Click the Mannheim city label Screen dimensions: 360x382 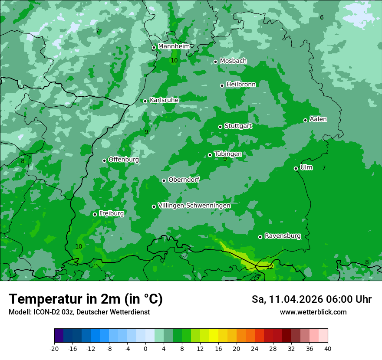(174, 46)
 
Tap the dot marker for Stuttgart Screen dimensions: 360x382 (220, 127)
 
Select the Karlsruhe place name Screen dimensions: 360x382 (164, 100)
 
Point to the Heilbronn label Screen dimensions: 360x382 (241, 84)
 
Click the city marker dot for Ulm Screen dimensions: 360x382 (296, 168)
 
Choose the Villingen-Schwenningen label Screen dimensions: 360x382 (194, 205)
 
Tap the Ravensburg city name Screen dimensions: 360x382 (283, 236)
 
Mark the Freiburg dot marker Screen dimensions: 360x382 (95, 214)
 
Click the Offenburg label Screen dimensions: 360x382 (124, 159)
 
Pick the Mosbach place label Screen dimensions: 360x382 (233, 61)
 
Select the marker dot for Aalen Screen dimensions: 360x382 (305, 120)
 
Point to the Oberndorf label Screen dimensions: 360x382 (184, 179)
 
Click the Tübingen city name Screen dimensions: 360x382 (228, 154)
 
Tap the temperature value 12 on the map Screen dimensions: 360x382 (270, 267)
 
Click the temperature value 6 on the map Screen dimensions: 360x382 (322, 17)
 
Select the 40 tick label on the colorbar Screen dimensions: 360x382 (327, 348)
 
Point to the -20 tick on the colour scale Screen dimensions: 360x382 (54, 348)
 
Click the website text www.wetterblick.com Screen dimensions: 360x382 (313, 312)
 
